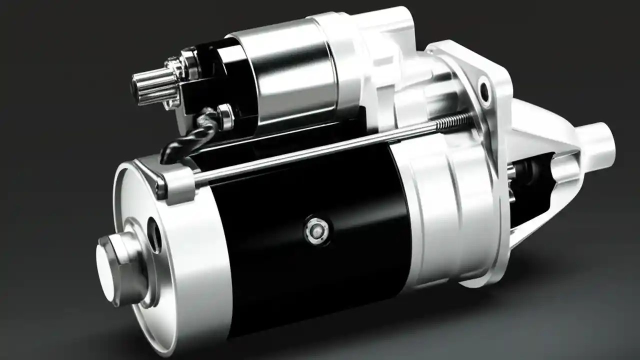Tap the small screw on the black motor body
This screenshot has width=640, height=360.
point(316,230)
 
